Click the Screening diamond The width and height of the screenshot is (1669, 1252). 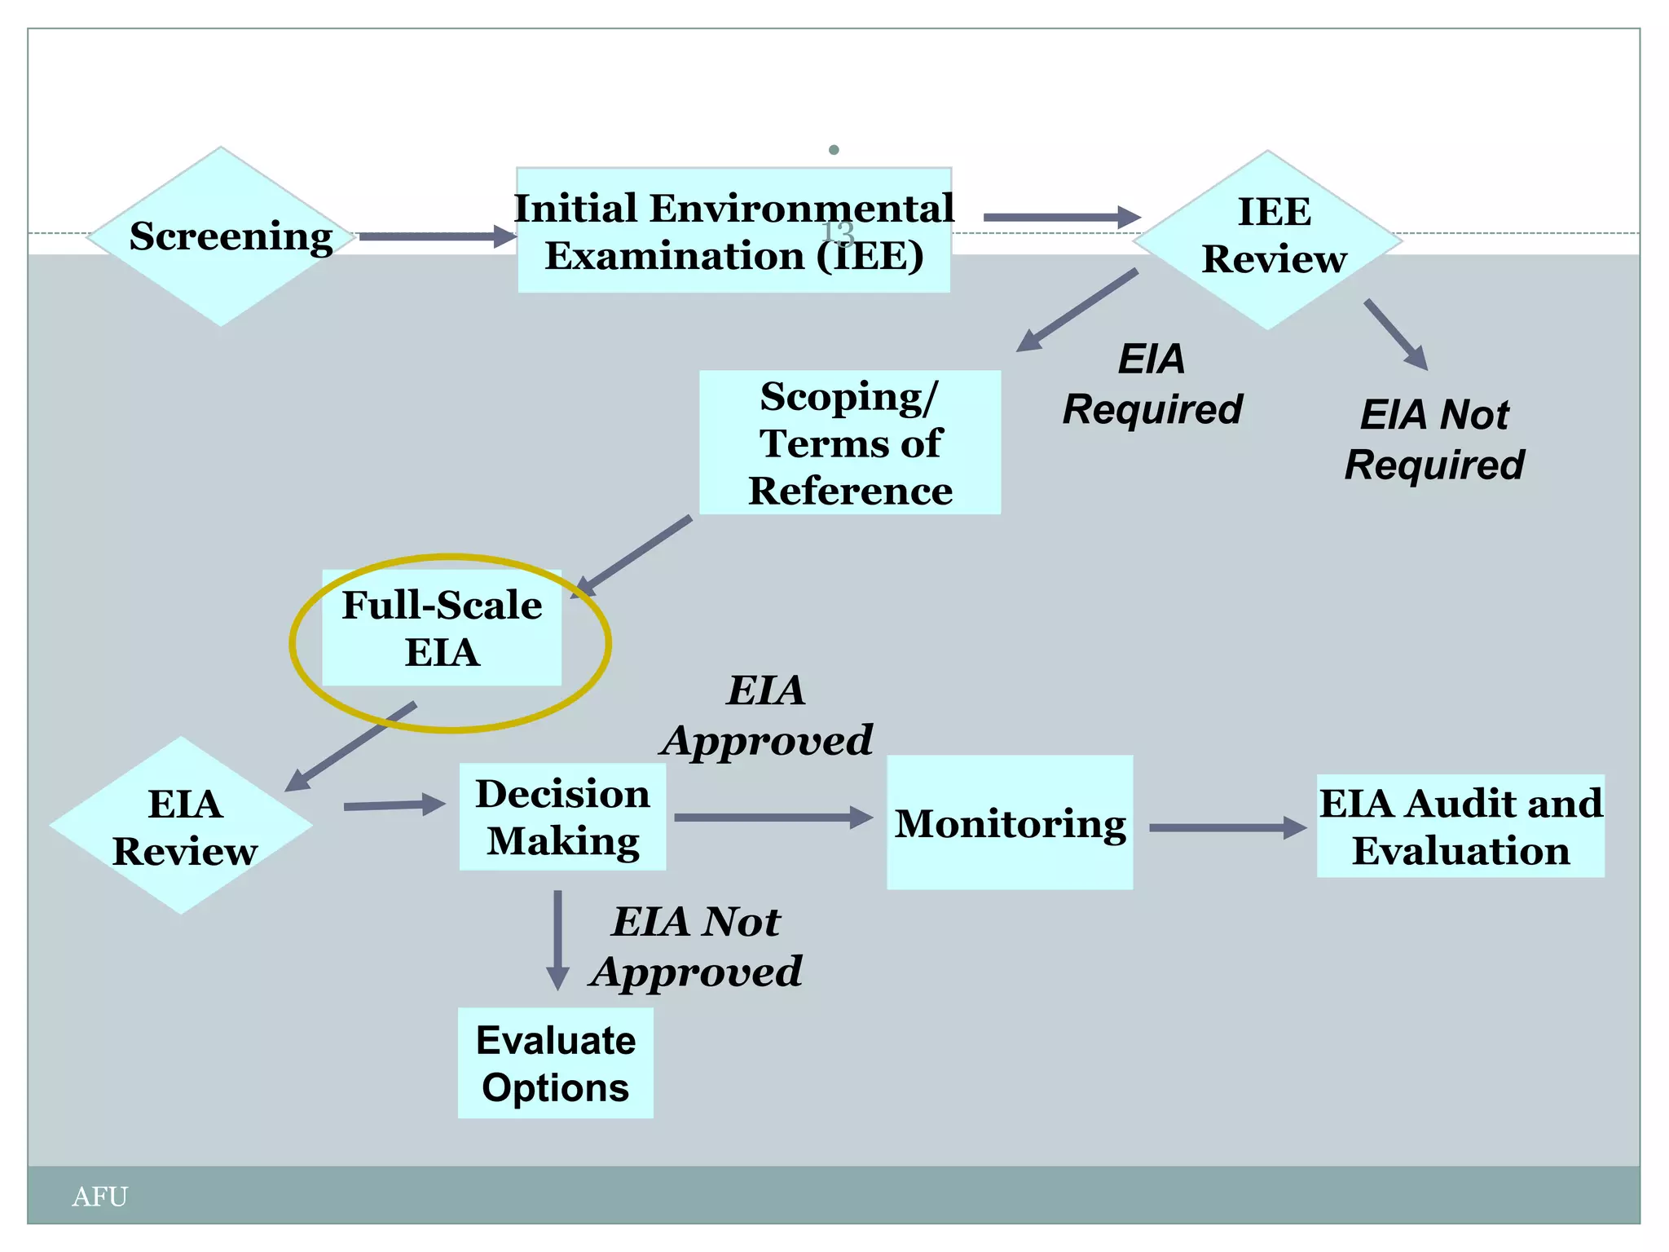click(221, 237)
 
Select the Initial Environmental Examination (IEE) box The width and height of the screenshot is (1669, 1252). click(733, 231)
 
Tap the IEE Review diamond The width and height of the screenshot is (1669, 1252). click(1268, 240)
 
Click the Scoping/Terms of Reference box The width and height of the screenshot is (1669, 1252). click(850, 443)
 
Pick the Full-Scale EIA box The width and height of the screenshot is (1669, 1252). click(442, 628)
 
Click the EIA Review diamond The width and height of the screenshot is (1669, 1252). click(182, 826)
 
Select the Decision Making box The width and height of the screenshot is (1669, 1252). click(562, 817)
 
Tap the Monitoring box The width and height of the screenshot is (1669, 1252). click(1010, 822)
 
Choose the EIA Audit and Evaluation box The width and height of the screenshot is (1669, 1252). click(1460, 826)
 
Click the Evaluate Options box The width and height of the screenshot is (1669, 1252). click(555, 1063)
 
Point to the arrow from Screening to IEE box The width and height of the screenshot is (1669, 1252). click(438, 237)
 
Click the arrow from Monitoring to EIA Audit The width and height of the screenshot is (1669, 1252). click(1226, 827)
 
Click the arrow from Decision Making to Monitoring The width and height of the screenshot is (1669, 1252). click(773, 817)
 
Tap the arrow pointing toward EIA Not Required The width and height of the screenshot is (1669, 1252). click(1396, 334)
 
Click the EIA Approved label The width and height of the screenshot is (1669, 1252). click(767, 716)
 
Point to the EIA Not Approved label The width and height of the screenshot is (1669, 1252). click(697, 946)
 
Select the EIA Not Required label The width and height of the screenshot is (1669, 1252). click(1434, 439)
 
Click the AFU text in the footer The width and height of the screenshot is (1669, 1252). click(99, 1197)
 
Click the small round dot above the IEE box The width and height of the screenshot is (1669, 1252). click(834, 150)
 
